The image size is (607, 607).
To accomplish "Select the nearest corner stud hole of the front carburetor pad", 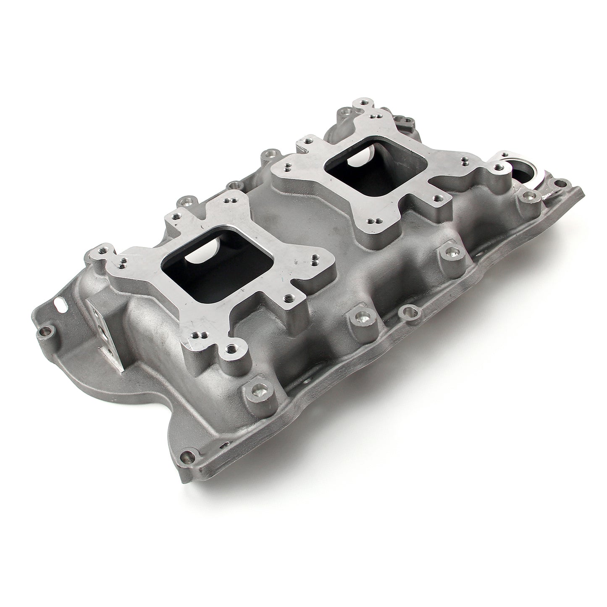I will point(231,348).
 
